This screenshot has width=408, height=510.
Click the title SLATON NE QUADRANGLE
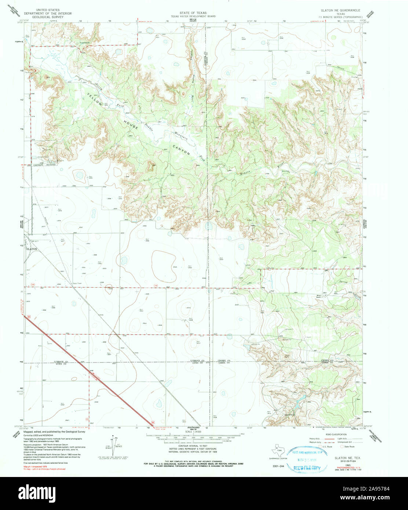coord(340,10)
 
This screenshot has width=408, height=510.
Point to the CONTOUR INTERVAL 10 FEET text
coord(193,446)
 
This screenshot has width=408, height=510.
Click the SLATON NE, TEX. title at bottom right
coord(345,458)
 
